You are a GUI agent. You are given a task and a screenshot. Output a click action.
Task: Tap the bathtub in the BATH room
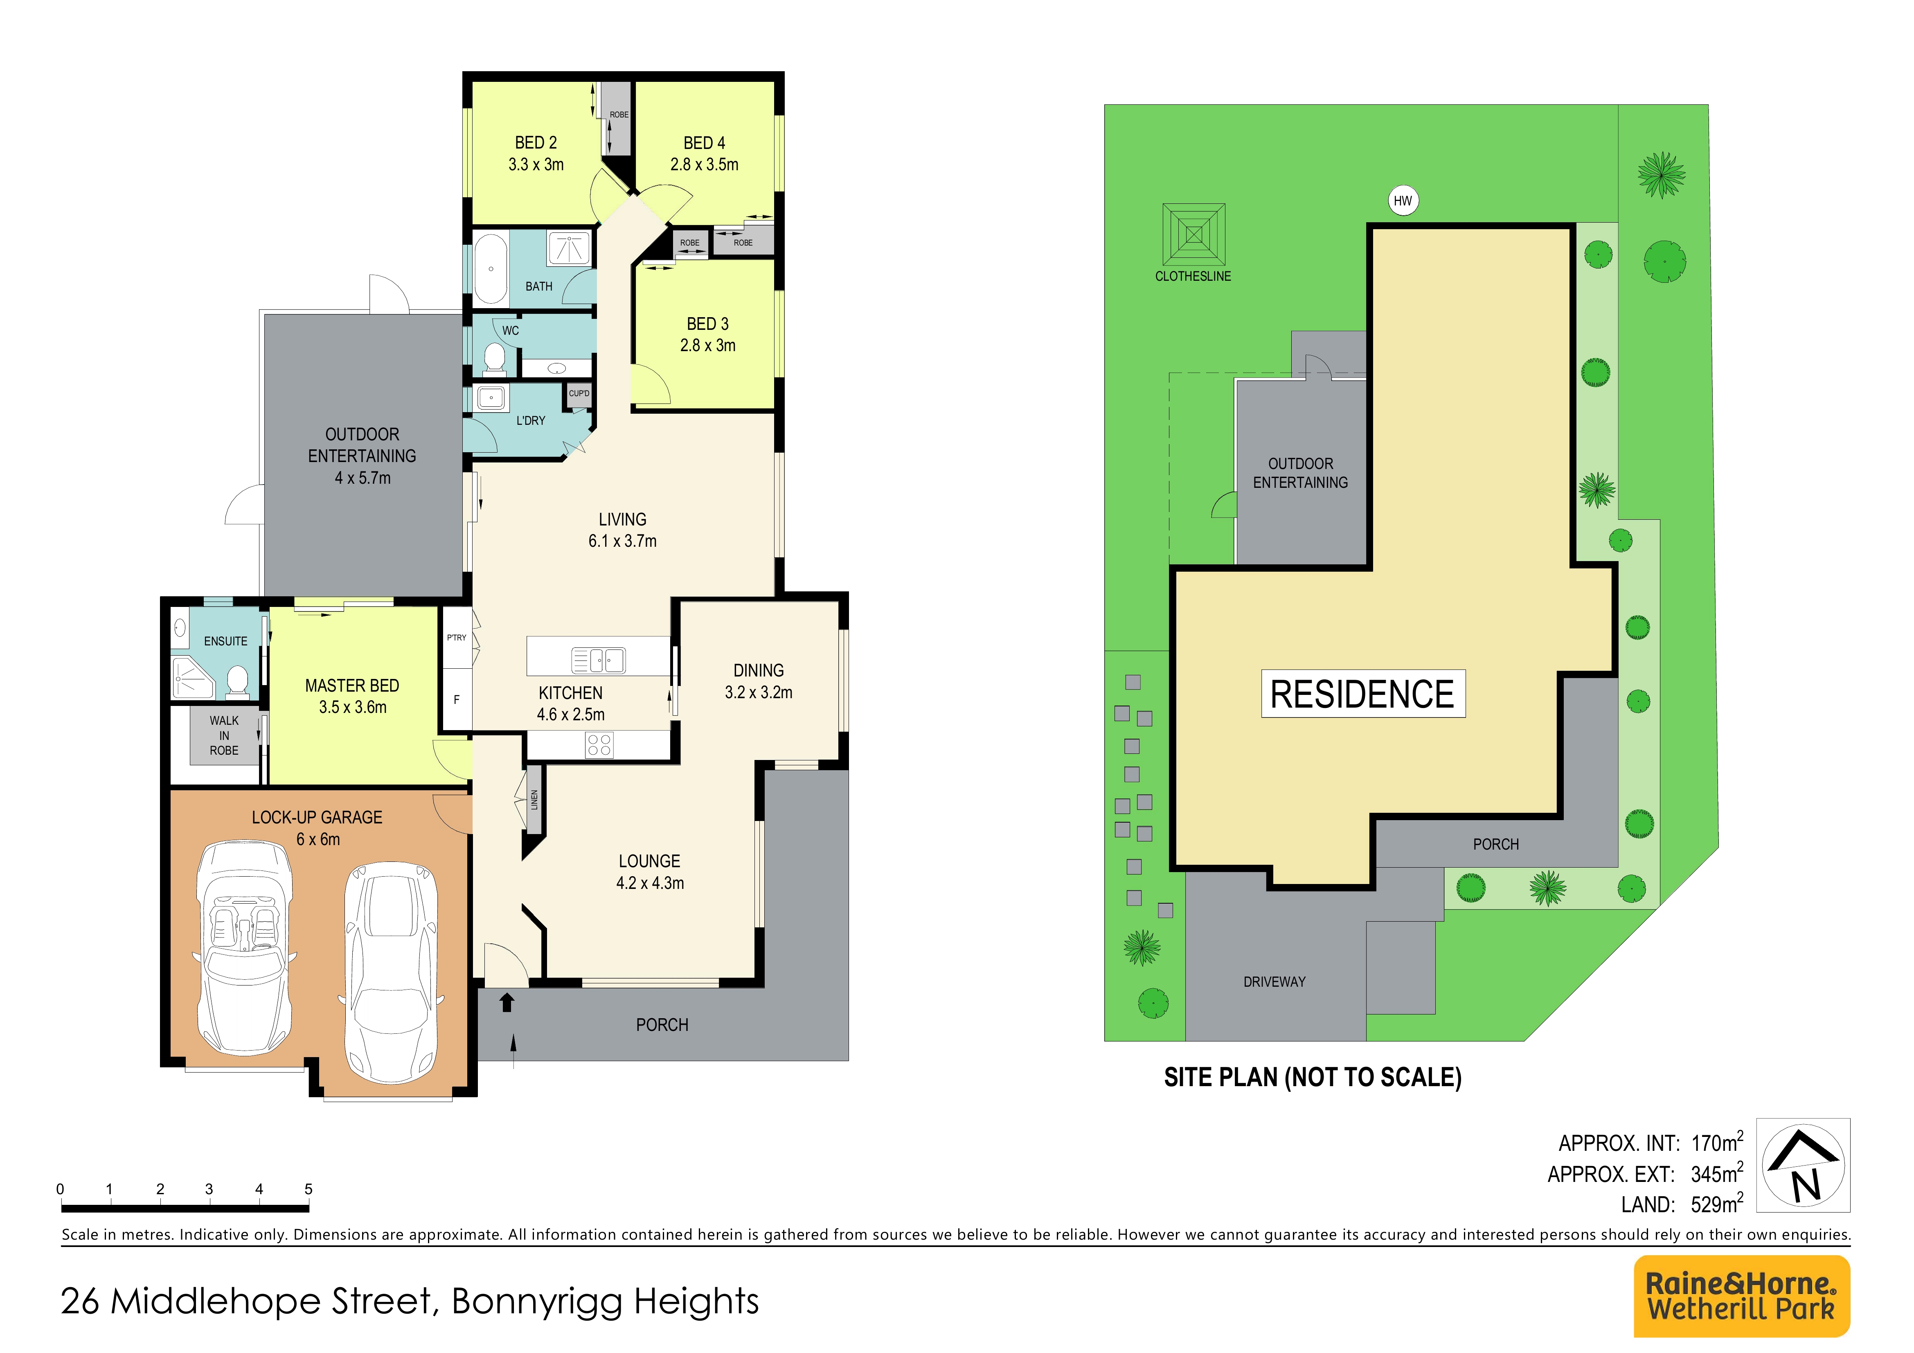491,268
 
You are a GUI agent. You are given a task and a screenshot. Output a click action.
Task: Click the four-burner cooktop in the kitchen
599,744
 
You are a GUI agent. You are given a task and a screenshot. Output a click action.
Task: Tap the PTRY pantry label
457,638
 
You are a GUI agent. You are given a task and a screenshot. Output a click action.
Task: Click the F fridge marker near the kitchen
457,699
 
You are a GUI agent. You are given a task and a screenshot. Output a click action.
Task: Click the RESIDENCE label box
1363,694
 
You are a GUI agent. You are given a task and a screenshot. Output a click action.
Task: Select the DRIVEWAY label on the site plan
1274,982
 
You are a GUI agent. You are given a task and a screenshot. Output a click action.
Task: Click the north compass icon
1803,1166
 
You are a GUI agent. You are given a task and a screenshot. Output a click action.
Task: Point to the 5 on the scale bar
308,1189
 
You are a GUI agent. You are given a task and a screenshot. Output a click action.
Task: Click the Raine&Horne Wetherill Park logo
1741,1296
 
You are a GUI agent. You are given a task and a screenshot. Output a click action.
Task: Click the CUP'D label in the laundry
579,393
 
